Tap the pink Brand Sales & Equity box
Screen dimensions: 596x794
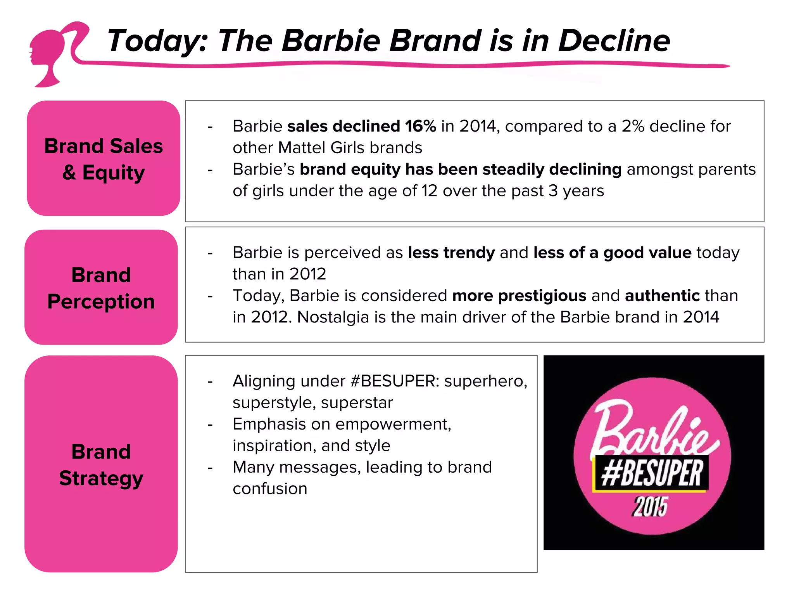104,158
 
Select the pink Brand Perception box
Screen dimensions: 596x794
101,288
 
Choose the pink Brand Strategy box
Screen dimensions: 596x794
101,464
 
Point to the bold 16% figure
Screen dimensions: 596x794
420,126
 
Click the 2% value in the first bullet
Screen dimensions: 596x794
633,126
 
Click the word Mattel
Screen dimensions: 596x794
302,148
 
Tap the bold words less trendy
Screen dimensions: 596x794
451,253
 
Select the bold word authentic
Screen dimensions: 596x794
662,296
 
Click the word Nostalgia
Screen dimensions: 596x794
333,317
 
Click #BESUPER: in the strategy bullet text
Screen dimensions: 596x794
394,381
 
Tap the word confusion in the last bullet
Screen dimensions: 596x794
270,489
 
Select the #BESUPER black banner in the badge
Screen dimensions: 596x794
651,474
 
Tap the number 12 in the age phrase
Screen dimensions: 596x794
430,191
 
